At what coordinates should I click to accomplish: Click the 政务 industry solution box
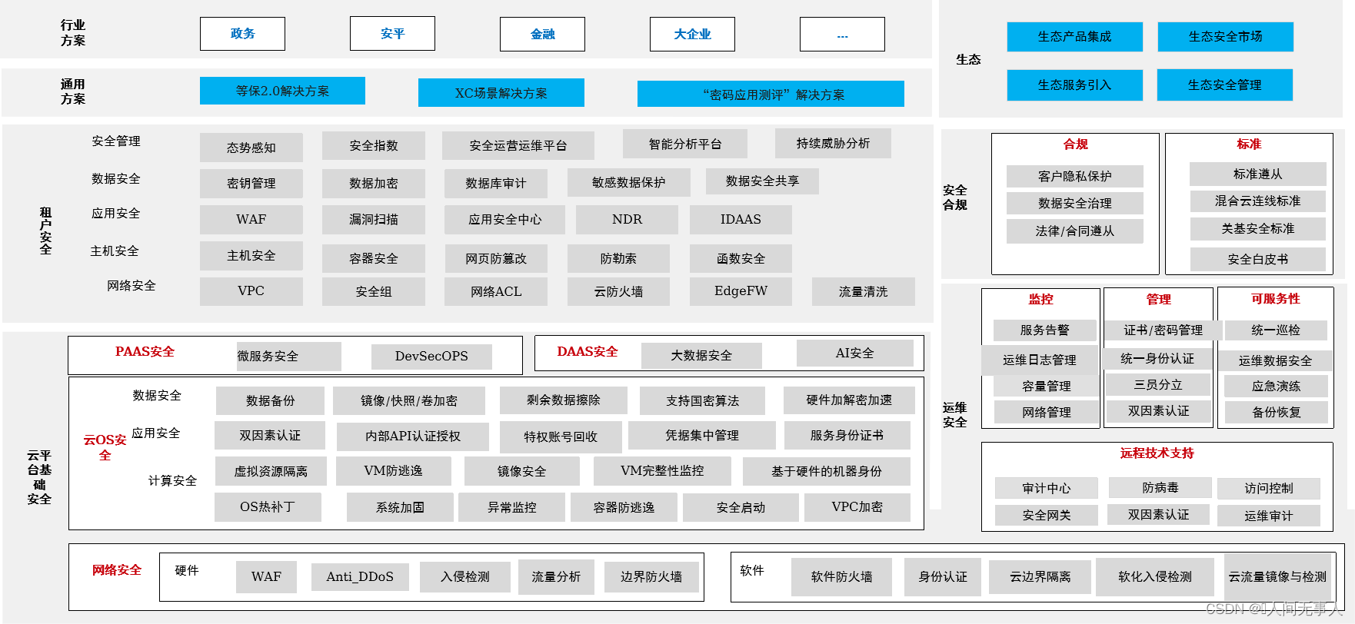pos(242,34)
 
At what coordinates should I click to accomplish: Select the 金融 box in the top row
pos(542,34)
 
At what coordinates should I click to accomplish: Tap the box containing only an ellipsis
pos(842,34)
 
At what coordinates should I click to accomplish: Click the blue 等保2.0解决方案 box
pos(282,91)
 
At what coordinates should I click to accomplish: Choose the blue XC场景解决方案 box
pos(501,93)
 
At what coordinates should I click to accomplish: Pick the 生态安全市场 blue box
pos(1225,36)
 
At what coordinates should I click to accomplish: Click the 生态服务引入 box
pos(1074,85)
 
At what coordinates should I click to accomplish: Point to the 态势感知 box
pos(251,147)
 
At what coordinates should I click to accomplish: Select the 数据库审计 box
pos(495,183)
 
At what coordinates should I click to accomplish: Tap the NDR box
pos(627,219)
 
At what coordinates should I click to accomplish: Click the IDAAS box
pos(740,219)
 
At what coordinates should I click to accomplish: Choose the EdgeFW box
pos(740,290)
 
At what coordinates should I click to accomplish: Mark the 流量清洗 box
pos(863,291)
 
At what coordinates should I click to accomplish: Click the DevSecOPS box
pos(431,356)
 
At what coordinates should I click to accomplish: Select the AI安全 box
pos(854,353)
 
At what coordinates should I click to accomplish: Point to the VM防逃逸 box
pos(392,470)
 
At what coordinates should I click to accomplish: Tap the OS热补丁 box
pos(267,506)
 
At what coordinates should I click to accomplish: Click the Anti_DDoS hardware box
pos(359,576)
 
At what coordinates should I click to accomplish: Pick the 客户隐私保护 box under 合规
pos(1074,176)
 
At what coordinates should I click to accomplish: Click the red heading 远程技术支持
pos(1157,453)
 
